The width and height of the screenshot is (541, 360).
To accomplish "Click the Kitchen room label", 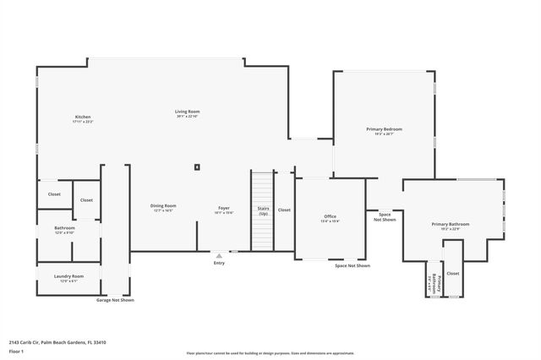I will point(82,117).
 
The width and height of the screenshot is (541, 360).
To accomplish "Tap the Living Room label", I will point(187,112).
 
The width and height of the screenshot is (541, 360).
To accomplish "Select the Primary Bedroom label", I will point(384,129).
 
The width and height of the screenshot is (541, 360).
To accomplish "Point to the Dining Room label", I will point(163,206).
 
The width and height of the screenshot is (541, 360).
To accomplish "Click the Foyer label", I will point(224,207).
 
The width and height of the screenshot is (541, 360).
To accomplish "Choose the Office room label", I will point(330,217).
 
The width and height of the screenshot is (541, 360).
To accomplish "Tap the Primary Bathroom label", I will point(451,224).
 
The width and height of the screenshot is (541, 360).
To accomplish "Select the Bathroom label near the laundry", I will point(65,228).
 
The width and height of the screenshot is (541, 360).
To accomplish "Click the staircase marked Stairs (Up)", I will point(263,210).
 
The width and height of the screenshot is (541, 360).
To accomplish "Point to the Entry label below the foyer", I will point(220,263).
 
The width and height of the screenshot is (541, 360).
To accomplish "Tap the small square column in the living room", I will point(197,167).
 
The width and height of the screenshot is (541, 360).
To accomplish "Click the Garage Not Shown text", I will point(114,300).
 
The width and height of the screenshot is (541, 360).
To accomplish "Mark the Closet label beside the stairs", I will point(284,210).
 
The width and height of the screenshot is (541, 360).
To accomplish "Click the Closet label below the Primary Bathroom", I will point(453,273).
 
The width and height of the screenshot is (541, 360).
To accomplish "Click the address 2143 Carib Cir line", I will point(57,342).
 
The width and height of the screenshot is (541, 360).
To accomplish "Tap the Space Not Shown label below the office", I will point(352,265).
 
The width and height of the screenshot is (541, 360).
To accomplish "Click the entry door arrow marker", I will point(220,254).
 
